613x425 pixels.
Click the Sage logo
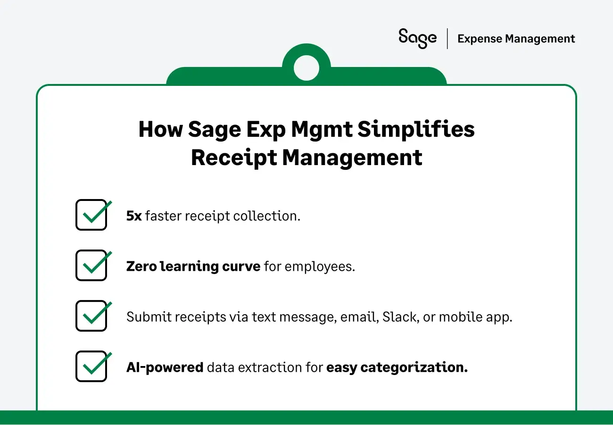pos(417,38)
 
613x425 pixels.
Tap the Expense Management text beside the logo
pos(516,39)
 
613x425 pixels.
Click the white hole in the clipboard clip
pos(306,68)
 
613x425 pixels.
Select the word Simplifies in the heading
pos(415,130)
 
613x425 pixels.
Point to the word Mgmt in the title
pos(321,130)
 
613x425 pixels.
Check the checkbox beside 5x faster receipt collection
pos(91,215)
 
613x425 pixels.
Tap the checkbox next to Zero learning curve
pos(91,266)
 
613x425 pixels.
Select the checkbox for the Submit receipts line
pos(91,316)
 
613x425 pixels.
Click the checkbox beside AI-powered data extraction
pos(91,367)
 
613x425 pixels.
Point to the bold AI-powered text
pos(165,367)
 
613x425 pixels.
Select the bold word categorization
pos(414,367)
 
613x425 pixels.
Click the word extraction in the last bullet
pos(269,367)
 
